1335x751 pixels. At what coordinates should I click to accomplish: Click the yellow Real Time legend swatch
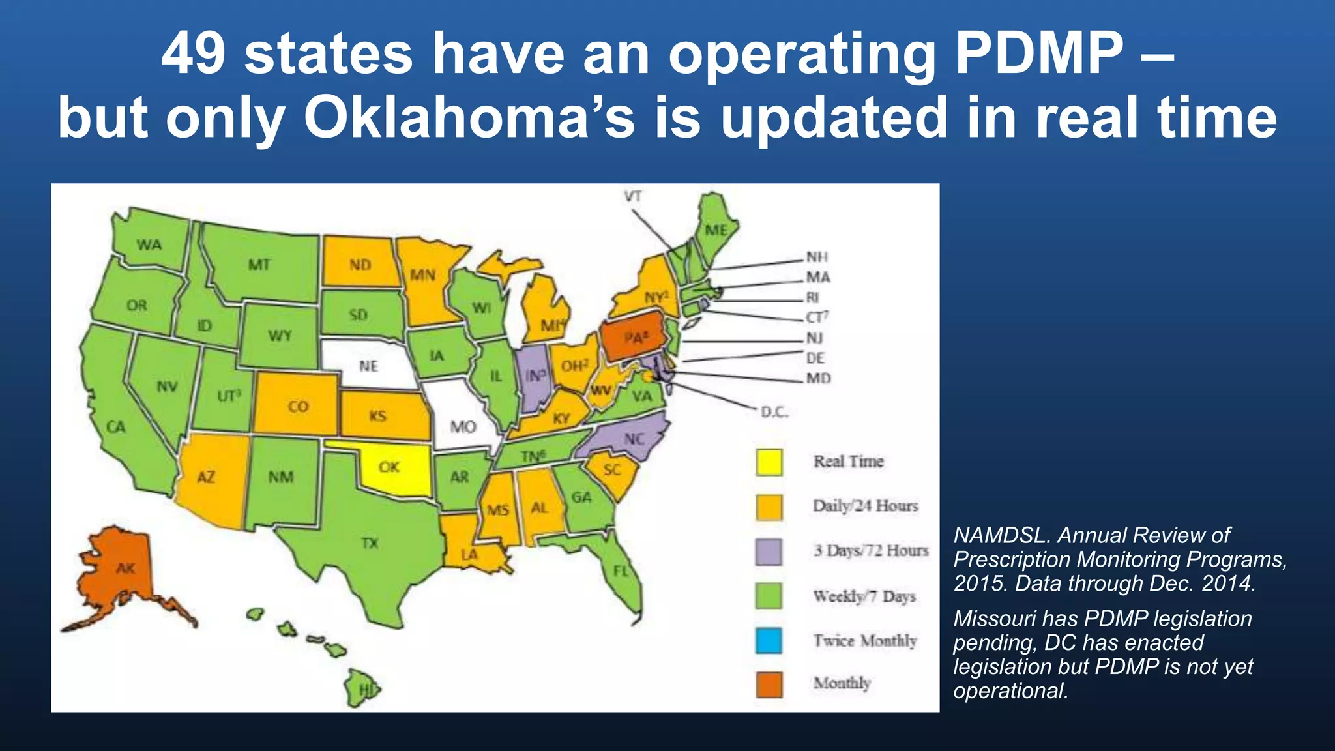[x=769, y=462]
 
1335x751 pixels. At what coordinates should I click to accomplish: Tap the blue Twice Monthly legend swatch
[x=769, y=640]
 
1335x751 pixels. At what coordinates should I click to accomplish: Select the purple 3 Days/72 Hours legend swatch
[x=769, y=552]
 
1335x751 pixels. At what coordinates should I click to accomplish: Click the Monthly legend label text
[x=842, y=683]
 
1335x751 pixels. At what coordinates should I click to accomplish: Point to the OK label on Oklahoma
[x=389, y=467]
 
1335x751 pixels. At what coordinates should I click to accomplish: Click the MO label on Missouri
[x=463, y=427]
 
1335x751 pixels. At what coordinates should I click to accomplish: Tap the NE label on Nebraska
[x=368, y=366]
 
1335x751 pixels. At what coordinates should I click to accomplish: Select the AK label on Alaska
[x=125, y=568]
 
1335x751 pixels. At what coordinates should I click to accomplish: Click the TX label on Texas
[x=370, y=542]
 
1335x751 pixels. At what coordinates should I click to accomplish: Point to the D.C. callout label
[x=774, y=412]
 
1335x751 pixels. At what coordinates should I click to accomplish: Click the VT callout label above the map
[x=633, y=196]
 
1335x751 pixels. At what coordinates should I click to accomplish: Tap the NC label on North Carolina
[x=634, y=439]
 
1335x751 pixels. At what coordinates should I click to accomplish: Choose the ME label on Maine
[x=716, y=230]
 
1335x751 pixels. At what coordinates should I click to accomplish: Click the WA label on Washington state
[x=149, y=244]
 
